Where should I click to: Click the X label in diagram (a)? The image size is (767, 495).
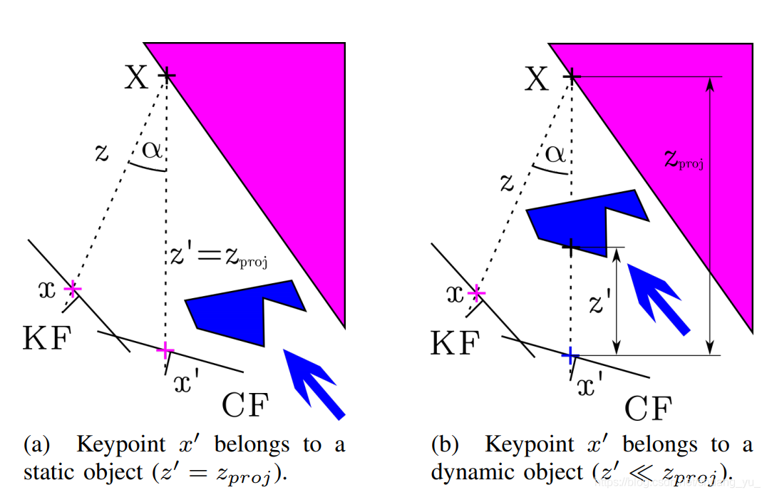pyautogui.click(x=137, y=77)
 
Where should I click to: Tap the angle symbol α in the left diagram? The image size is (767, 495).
pyautogui.click(x=152, y=150)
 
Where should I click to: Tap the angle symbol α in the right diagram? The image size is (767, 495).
pyautogui.click(x=555, y=153)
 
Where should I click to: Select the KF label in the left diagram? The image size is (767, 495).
pyautogui.click(x=48, y=340)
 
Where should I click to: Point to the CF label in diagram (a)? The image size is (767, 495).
pyautogui.click(x=245, y=406)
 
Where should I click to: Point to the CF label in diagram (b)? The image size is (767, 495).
pyautogui.click(x=648, y=409)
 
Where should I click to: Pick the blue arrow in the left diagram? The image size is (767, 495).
pyautogui.click(x=314, y=381)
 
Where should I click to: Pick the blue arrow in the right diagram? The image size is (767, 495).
pyautogui.click(x=657, y=295)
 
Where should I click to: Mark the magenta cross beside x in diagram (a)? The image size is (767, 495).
pyautogui.click(x=72, y=289)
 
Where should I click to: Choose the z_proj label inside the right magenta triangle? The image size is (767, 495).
pyautogui.click(x=684, y=160)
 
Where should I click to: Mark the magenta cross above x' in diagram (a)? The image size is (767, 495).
pyautogui.click(x=165, y=349)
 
